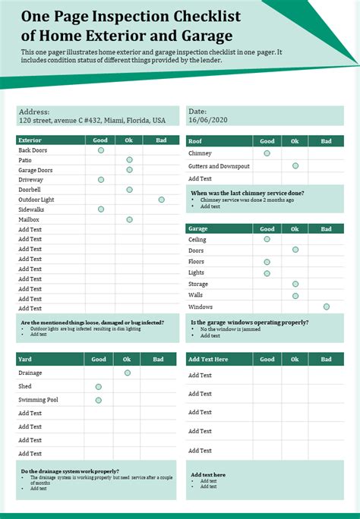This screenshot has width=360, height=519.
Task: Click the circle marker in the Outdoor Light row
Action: tap(161, 200)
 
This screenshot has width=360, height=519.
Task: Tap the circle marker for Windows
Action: tap(326, 307)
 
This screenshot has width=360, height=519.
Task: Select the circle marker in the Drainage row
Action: tap(128, 373)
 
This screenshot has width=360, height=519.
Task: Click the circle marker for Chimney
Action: tap(267, 153)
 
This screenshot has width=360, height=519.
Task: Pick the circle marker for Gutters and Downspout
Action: tap(295, 165)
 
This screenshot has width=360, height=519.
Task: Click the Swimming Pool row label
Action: tap(37, 400)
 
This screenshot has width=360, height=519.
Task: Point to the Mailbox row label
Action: tap(29, 219)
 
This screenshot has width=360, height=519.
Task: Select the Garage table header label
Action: tap(198, 228)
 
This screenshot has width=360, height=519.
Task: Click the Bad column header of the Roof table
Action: tap(326, 141)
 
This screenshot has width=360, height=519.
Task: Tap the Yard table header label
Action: tap(25, 359)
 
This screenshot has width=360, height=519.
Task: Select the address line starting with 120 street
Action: tap(92, 120)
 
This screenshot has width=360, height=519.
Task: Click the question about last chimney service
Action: tap(247, 193)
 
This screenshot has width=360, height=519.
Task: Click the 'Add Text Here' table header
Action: tap(208, 359)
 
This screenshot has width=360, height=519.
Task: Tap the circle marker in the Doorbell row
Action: tap(129, 190)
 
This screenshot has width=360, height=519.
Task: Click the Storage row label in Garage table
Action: tap(198, 284)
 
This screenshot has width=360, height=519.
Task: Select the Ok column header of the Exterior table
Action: tap(129, 140)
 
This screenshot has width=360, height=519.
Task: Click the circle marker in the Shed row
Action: tap(99, 386)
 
